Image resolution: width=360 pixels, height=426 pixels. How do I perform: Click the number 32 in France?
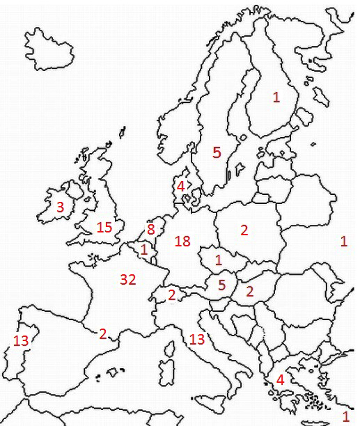tap(127, 279)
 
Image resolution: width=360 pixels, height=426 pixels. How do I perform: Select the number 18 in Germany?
tap(182, 241)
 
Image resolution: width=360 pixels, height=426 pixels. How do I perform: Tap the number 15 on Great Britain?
tap(104, 227)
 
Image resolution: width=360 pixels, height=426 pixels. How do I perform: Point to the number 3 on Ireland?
tap(61, 207)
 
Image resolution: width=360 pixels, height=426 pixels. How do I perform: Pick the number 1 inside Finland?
tap(276, 98)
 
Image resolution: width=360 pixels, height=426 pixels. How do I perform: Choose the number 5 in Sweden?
tap(217, 152)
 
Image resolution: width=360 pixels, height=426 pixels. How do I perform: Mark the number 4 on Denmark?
tap(180, 186)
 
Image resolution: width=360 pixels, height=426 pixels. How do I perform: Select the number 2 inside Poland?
tap(244, 230)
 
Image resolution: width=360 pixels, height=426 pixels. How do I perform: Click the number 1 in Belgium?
tap(143, 248)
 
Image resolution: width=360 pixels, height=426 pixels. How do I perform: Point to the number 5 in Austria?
tap(221, 284)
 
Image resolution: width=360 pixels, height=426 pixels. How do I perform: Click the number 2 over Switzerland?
tap(171, 294)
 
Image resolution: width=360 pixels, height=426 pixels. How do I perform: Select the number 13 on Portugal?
tap(21, 340)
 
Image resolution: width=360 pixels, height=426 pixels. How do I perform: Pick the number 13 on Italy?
tap(197, 339)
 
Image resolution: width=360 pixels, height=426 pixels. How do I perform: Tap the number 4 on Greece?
tap(280, 380)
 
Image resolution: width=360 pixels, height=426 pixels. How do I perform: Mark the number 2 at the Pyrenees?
tap(103, 333)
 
